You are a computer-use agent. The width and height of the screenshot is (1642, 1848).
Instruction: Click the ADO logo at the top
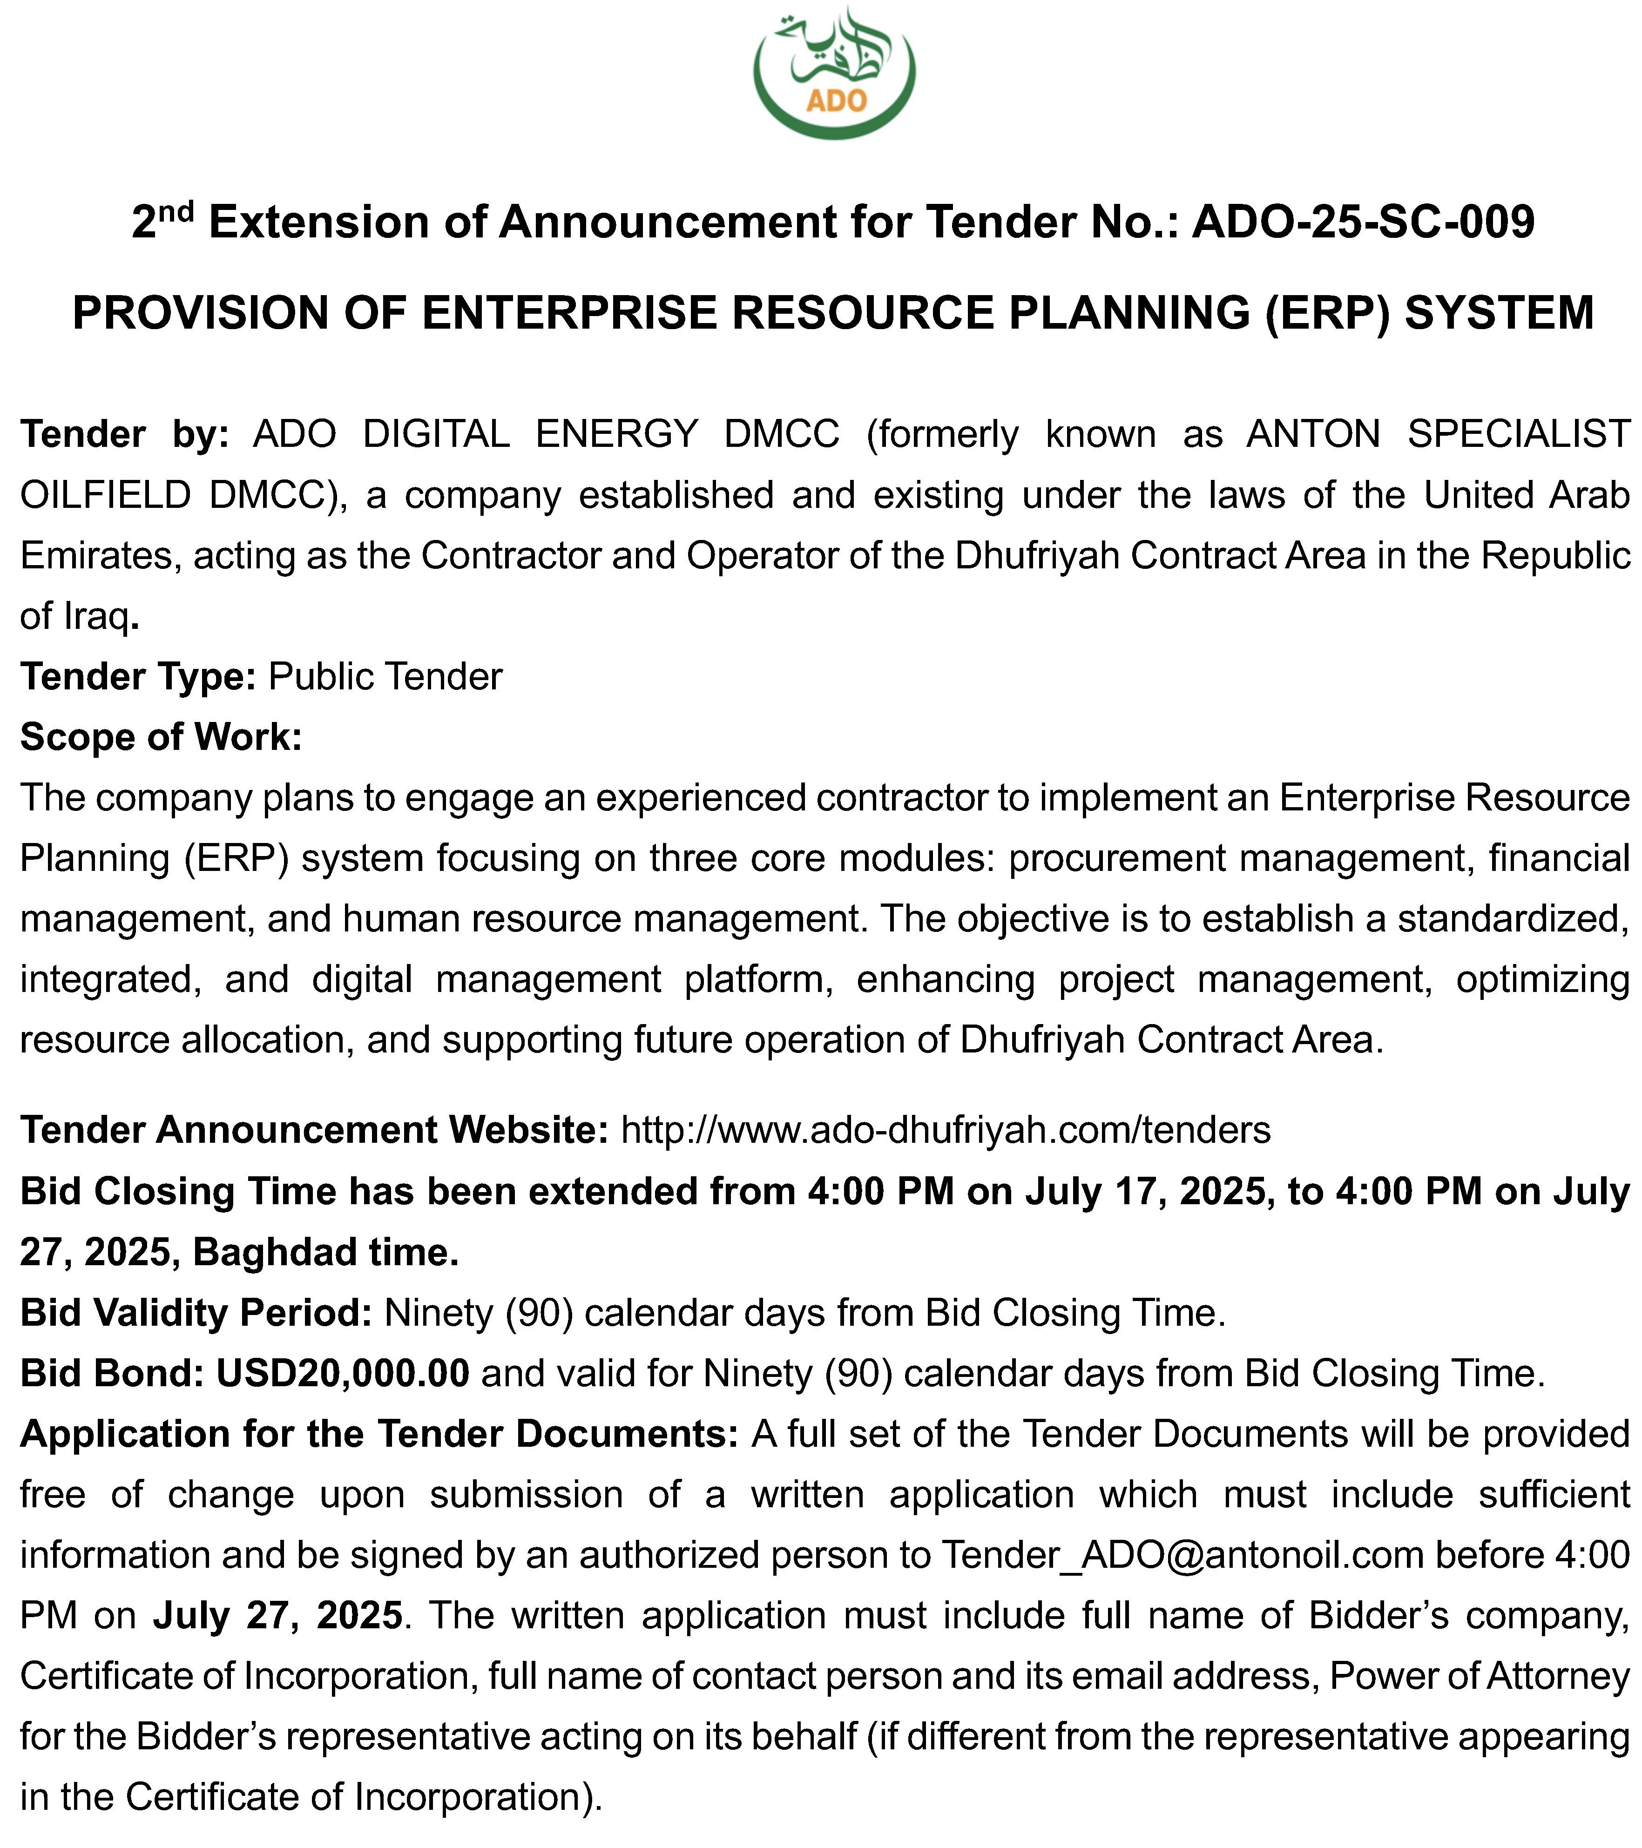pyautogui.click(x=834, y=72)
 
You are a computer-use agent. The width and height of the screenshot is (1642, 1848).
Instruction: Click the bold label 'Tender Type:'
pyautogui.click(x=138, y=676)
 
